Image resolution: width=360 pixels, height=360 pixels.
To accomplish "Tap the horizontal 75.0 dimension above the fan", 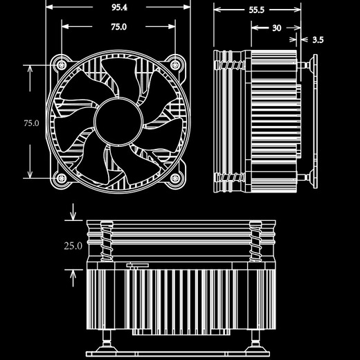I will [x=118, y=27].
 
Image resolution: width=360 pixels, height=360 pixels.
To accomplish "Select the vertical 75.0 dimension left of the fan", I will [x=31, y=123].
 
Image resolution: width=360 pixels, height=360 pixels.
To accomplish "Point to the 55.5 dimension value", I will [x=258, y=10].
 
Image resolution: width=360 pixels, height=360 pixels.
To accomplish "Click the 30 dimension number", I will [x=276, y=28].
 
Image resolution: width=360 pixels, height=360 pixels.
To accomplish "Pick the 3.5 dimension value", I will [x=318, y=40].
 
